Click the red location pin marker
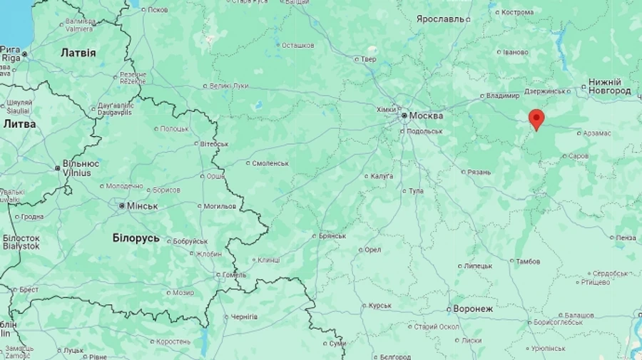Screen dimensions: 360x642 point(536,119)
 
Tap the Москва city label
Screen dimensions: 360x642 point(426,115)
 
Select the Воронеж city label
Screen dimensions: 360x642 point(473,309)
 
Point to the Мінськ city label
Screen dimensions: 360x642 point(142,206)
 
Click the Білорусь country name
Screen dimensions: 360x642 point(136,237)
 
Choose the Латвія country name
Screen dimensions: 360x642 point(78,53)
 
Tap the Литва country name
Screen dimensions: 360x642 point(20,123)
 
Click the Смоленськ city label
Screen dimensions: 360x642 point(270,163)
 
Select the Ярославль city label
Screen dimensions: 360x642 point(441,19)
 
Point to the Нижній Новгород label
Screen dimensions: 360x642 point(609,86)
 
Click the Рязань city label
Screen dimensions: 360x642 point(479,172)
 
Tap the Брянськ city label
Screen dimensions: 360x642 point(332,236)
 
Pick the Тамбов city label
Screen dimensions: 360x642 point(527,262)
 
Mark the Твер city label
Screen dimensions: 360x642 point(369,59)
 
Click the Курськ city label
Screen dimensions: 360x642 point(379,306)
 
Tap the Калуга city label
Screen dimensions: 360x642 point(382,176)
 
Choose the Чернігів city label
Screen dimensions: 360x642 point(244,317)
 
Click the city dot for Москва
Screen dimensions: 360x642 point(404,115)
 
